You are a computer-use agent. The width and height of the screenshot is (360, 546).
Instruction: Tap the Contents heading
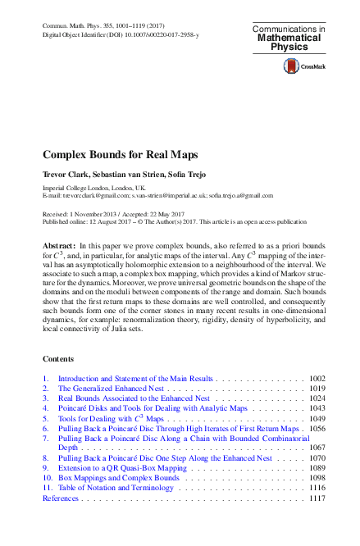point(57,359)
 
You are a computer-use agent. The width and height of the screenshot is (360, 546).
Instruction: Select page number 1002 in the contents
point(318,380)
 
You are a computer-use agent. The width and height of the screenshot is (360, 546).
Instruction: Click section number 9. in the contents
point(46,467)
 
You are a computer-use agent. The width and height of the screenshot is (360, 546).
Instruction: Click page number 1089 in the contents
point(318,467)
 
